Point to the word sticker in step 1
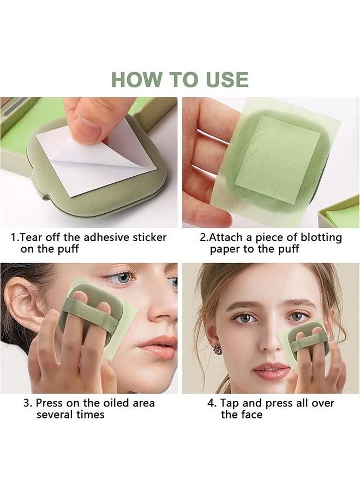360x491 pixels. point(148,237)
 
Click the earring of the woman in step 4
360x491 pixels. point(218,349)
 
